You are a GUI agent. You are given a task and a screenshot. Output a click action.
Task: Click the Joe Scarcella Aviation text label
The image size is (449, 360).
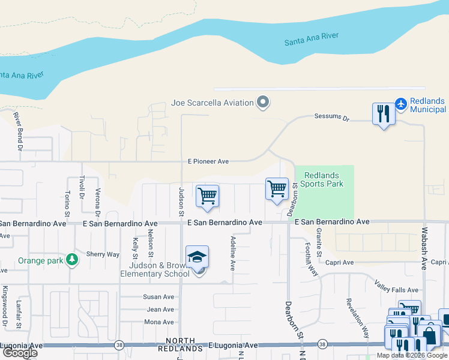coord(212,103)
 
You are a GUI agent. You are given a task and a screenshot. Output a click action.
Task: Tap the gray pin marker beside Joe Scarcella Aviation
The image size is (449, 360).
coord(262,103)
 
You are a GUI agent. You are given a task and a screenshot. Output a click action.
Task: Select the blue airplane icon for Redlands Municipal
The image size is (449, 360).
coord(401,104)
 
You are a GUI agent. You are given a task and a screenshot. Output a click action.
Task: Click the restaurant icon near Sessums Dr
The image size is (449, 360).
coord(384,113)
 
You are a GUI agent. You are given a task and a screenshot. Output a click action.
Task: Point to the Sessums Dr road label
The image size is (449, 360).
coord(331,118)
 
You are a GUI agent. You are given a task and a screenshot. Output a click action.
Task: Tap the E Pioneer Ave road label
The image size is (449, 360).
coord(208,161)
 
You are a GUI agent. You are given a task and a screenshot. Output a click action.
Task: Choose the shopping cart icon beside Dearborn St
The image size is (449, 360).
coord(277,188)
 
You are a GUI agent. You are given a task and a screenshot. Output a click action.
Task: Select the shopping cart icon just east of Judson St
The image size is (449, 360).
coord(207,196)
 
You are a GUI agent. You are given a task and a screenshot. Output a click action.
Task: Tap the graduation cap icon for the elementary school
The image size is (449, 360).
coord(197,257)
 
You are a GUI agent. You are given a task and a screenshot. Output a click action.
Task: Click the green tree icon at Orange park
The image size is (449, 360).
coord(72,259)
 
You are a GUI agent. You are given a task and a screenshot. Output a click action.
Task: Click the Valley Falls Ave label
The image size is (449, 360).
coord(396,286)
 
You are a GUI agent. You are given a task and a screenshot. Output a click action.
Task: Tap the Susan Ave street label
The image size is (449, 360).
coord(158,297)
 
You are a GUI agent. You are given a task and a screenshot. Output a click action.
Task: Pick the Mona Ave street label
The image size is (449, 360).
coord(158,322)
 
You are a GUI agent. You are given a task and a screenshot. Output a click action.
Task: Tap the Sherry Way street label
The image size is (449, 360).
coord(103,254)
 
